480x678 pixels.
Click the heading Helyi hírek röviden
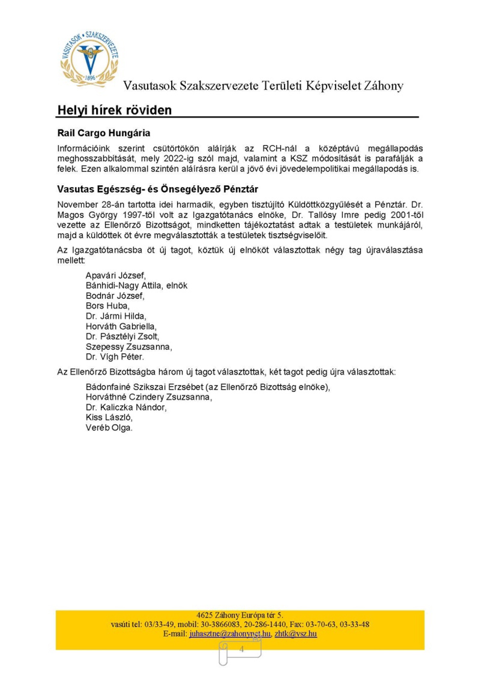click(115, 110)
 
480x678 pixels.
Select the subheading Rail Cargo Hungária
click(104, 133)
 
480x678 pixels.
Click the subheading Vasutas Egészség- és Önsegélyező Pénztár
click(157, 189)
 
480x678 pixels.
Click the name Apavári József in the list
click(116, 275)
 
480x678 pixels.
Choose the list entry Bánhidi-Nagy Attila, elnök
click(136, 285)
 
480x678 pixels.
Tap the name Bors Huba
click(107, 306)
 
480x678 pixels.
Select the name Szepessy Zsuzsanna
click(129, 347)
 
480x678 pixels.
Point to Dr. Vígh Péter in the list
click(115, 357)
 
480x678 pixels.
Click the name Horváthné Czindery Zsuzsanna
click(148, 397)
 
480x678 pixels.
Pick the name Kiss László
click(109, 417)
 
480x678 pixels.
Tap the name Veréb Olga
click(109, 427)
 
